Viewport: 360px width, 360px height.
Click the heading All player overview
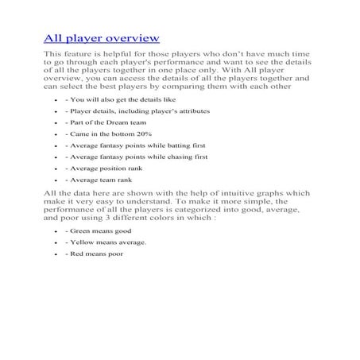click(101, 37)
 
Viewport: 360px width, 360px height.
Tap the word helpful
click(118, 53)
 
